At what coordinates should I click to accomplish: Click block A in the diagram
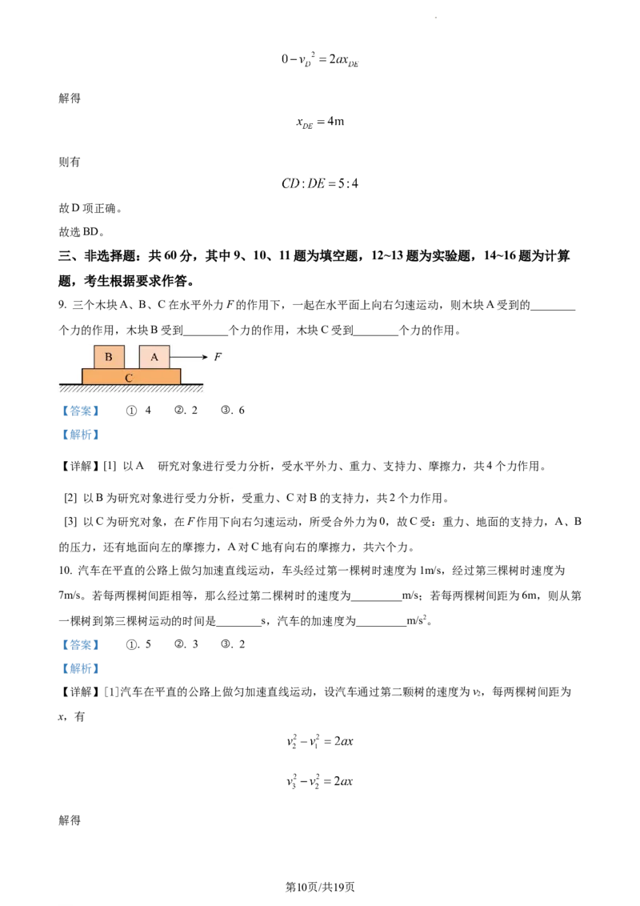pos(154,357)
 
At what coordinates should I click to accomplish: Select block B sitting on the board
pos(109,357)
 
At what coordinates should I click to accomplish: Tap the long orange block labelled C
pos(131,376)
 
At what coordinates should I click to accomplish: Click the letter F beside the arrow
pos(217,357)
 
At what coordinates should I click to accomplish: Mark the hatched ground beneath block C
pos(131,389)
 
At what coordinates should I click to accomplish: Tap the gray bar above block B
pos(110,342)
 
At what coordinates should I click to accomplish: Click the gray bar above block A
pos(156,342)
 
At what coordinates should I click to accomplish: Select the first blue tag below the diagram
pos(80,411)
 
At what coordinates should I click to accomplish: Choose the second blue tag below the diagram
pos(80,435)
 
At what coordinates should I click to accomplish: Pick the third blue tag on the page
pos(80,644)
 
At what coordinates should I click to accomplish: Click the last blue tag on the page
pos(80,668)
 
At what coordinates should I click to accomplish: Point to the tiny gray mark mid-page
pos(230,489)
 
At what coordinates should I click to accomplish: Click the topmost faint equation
pos(320,59)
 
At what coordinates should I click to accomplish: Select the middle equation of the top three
pos(320,123)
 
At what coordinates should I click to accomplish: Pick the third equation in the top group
pos(320,183)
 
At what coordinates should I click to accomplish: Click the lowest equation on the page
pos(320,780)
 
